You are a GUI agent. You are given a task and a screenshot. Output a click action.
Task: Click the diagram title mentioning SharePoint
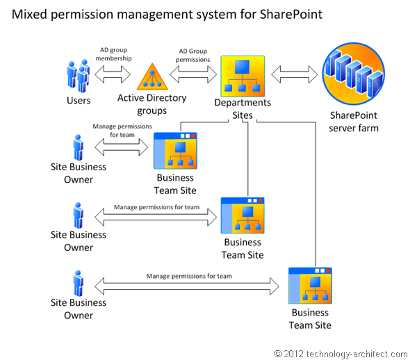click(167, 15)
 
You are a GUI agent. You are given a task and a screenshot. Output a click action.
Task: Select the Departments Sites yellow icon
click(243, 76)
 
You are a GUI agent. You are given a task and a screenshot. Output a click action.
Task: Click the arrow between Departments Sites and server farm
click(295, 74)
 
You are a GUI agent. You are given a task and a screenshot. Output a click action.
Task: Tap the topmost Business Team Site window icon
click(175, 150)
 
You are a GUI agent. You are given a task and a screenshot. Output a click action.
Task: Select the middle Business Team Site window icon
click(243, 216)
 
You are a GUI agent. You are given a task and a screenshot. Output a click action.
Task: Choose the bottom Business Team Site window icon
click(310, 286)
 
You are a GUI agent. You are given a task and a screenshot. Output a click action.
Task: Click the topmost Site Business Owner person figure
click(78, 147)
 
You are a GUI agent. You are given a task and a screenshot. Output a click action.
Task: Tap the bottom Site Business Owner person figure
click(78, 284)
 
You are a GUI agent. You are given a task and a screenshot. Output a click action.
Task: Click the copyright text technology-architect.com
click(341, 353)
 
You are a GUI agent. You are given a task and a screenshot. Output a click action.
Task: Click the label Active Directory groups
click(152, 104)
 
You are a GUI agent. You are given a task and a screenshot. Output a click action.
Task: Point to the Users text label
click(79, 101)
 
